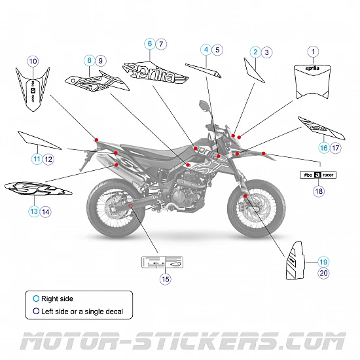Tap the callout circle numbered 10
click(33, 61)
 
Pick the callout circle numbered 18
click(319, 191)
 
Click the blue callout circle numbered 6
click(150, 44)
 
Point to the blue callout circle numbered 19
click(323, 261)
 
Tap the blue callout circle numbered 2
click(255, 51)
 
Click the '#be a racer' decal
click(319, 175)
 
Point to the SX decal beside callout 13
click(36, 190)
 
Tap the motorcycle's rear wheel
click(111, 209)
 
